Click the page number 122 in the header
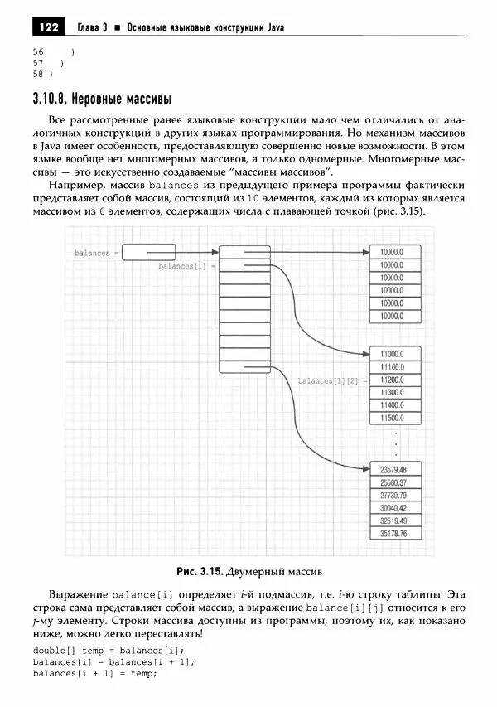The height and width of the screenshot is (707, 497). click(x=48, y=28)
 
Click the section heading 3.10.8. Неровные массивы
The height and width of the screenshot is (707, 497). click(x=102, y=100)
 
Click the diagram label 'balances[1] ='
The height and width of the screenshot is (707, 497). click(x=186, y=266)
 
